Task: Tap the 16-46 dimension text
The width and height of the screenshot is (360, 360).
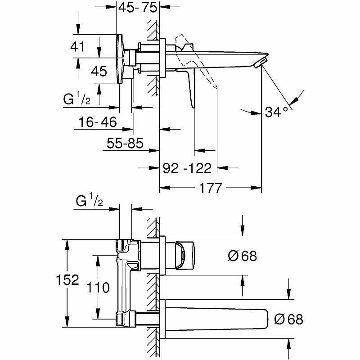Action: [x=95, y=121]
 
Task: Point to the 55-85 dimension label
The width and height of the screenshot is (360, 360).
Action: [x=125, y=144]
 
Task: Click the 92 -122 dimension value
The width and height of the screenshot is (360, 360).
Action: [x=187, y=168]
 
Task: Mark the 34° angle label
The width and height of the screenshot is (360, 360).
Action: [x=276, y=112]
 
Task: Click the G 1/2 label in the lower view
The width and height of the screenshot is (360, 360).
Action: [x=89, y=202]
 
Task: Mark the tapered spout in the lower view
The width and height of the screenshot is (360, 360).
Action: [x=216, y=319]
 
